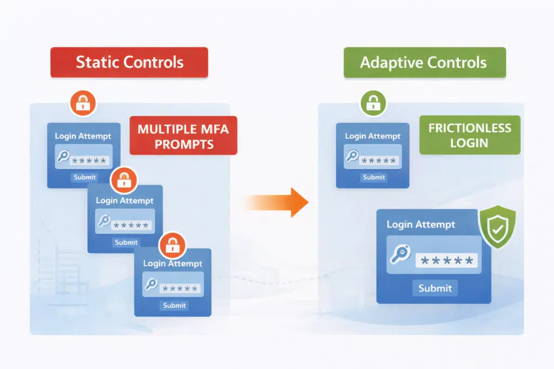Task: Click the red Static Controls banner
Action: tap(129, 62)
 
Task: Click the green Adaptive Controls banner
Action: tap(424, 62)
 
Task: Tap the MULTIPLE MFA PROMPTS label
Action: tap(183, 136)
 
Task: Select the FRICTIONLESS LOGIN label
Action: tap(470, 135)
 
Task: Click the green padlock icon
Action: tap(373, 103)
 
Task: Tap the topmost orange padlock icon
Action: tap(82, 103)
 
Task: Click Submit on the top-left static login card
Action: tap(84, 177)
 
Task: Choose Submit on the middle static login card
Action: tap(126, 243)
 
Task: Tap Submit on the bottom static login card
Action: tap(174, 305)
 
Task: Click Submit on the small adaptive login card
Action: tap(374, 177)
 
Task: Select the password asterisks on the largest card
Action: tap(447, 261)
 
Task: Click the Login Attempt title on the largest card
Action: tap(420, 224)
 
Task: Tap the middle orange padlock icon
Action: tap(124, 180)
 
